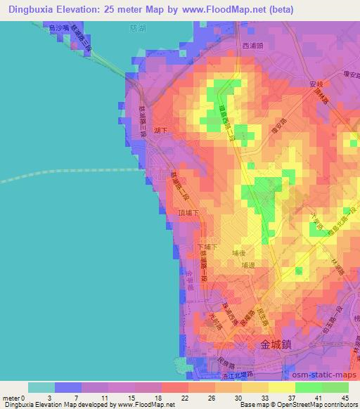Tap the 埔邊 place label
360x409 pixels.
click(247, 266)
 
